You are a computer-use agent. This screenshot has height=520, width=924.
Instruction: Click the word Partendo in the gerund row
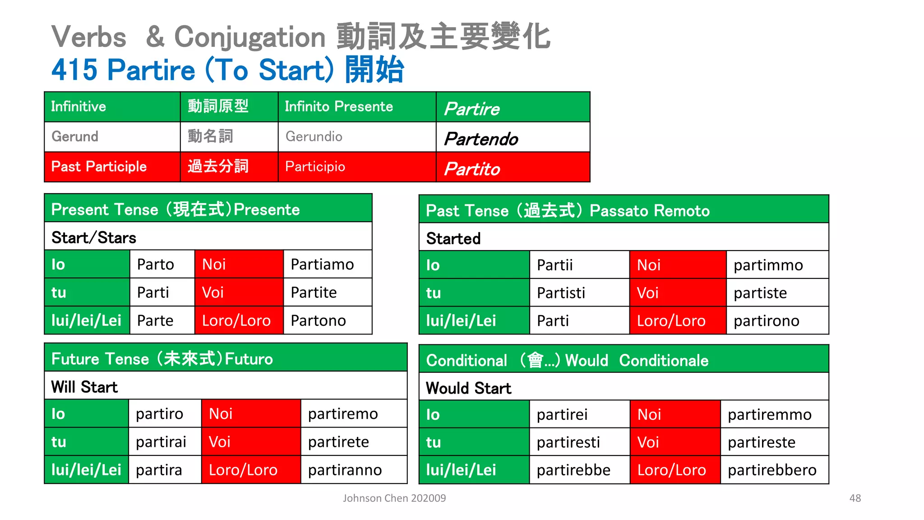click(481, 139)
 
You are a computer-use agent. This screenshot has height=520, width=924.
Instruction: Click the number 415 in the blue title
click(74, 70)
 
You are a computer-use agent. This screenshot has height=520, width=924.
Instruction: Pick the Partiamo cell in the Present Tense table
click(322, 265)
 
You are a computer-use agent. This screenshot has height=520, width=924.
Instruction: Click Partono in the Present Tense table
click(318, 320)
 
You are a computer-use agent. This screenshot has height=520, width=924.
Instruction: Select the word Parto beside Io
click(155, 265)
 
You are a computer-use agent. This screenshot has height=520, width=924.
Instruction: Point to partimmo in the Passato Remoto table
click(768, 265)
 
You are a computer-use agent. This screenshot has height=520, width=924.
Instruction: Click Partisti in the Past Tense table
click(561, 293)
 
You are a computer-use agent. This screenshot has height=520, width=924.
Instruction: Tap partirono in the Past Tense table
click(766, 321)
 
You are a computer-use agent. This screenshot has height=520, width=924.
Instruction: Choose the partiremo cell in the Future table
click(343, 414)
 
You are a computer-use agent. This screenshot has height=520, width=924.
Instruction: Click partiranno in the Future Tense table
click(345, 470)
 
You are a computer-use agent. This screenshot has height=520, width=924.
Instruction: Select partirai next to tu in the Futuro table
click(161, 442)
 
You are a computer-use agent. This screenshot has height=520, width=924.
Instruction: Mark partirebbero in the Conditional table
click(772, 470)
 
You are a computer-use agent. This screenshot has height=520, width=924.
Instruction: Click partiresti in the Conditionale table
click(568, 442)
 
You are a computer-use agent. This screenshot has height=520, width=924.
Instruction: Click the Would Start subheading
click(468, 388)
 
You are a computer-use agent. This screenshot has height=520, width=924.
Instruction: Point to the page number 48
click(855, 498)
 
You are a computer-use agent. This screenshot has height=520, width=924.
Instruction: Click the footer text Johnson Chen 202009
click(394, 498)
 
